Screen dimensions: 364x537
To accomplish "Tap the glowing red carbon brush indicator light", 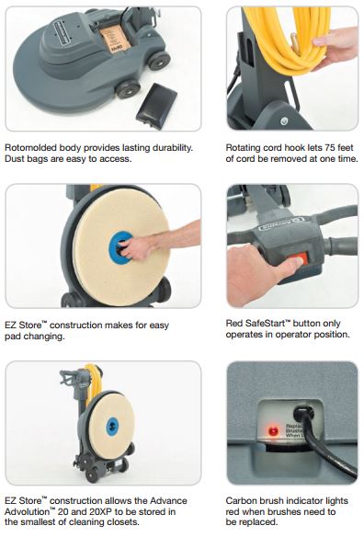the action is tap(273, 431).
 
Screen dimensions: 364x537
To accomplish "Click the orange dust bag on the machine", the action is tap(116, 40).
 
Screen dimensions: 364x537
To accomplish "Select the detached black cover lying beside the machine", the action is tap(156, 106).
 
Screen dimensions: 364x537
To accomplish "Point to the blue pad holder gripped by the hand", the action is tap(120, 247).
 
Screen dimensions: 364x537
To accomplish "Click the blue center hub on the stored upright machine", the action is tap(112, 427).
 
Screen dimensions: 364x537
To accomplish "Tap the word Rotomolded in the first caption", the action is tap(31, 148).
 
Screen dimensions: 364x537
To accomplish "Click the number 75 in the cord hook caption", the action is tap(328, 148).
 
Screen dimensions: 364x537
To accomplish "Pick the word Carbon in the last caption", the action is tap(241, 501).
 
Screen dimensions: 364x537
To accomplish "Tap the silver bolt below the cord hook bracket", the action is tap(284, 120).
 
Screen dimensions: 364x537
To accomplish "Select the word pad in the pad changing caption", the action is tap(12, 337).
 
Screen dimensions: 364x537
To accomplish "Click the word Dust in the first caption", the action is tap(14, 159).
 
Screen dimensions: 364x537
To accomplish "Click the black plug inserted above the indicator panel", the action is tap(303, 414).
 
